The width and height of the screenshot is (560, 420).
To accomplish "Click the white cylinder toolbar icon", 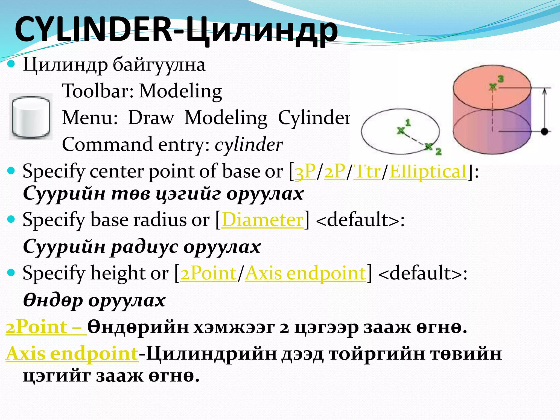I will pyautogui.click(x=31, y=116).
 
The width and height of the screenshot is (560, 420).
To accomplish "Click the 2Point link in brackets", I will pyautogui.click(x=208, y=273).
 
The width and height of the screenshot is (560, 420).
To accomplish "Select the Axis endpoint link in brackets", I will pyautogui.click(x=305, y=273).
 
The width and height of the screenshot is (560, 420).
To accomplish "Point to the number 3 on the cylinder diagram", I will pyautogui.click(x=500, y=79).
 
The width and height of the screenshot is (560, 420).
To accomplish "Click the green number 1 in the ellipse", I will pyautogui.click(x=408, y=123).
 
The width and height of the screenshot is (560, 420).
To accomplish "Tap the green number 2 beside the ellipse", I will pyautogui.click(x=438, y=151).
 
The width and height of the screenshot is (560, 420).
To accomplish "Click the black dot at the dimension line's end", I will pyautogui.click(x=544, y=132).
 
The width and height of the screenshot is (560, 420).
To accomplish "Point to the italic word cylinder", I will pyautogui.click(x=248, y=145).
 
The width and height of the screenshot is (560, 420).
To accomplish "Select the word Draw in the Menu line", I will pyautogui.click(x=151, y=118).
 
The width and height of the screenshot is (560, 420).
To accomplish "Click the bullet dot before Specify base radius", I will pyautogui.click(x=11, y=219).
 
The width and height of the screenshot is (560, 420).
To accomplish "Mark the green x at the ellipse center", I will pyautogui.click(x=401, y=131).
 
